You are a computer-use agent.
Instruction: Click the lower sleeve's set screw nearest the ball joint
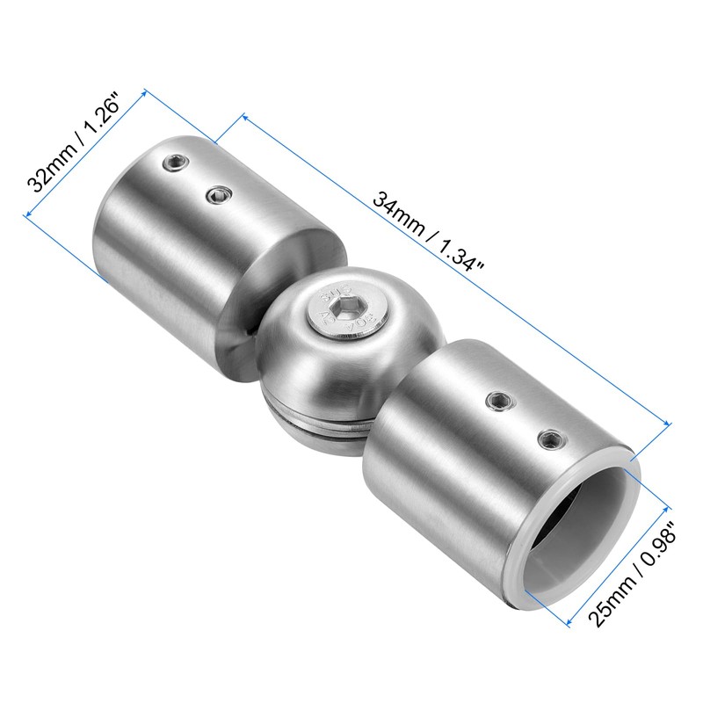(x=497, y=400)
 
